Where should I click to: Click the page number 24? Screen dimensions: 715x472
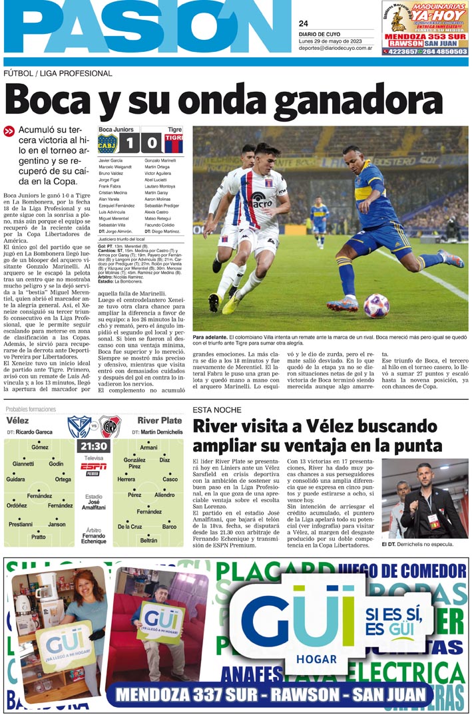click(303, 24)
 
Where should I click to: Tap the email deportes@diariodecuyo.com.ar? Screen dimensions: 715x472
click(339, 49)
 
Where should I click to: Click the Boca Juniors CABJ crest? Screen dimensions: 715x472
click(107, 143)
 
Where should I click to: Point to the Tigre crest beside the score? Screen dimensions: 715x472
click(174, 143)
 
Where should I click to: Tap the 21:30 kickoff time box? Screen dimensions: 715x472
click(94, 446)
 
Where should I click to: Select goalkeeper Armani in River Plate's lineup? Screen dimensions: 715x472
click(149, 448)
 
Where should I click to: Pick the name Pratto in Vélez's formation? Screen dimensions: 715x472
click(39, 537)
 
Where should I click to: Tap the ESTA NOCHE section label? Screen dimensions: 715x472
click(217, 410)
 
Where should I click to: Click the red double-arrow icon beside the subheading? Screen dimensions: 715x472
click(9, 132)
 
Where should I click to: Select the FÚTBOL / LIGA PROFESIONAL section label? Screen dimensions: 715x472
click(57, 73)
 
